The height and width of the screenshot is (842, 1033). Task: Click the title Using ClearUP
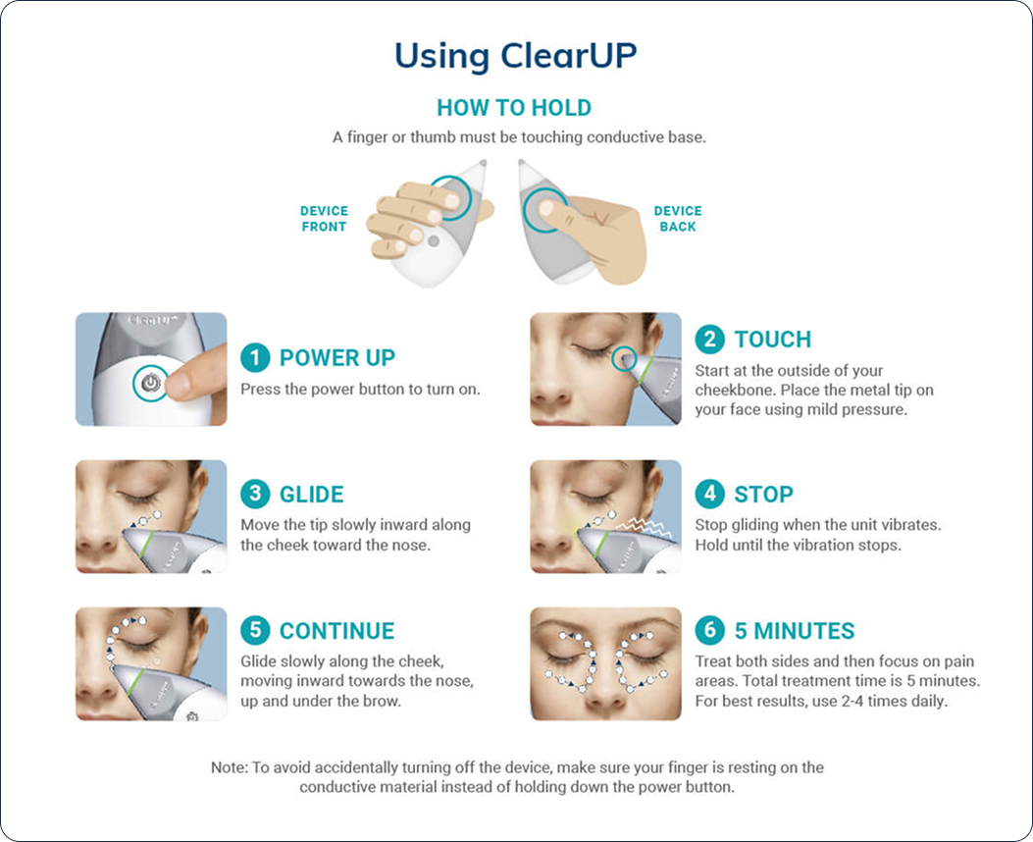point(515,57)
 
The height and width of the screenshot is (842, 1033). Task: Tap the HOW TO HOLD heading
point(514,107)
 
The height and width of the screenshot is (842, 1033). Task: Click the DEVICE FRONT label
point(324,219)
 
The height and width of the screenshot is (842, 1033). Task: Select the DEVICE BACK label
point(678,219)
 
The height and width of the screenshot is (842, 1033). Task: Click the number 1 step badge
point(255,358)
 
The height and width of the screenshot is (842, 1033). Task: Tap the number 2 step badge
point(709,340)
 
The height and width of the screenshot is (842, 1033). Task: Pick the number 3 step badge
point(255,495)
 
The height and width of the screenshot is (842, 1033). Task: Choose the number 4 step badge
point(709,494)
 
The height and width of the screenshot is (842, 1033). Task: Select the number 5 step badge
point(255,630)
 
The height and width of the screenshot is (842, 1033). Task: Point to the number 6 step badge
point(709,630)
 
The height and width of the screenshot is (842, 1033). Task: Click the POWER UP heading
point(337,358)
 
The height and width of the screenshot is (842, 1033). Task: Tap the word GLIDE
point(312,495)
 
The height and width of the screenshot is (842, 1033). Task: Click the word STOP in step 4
point(764,495)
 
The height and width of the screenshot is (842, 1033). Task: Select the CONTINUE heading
point(337,630)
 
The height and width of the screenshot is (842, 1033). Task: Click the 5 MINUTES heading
point(795,630)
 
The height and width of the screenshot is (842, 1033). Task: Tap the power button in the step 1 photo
point(151,383)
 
